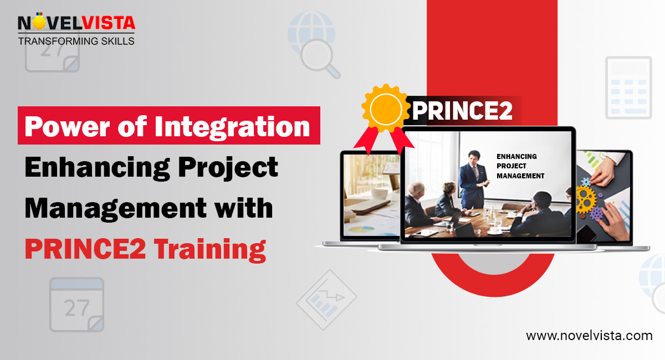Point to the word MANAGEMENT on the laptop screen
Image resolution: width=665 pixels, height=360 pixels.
pos(520,176)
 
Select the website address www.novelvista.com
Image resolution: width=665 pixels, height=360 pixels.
pos(589,336)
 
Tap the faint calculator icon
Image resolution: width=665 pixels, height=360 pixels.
pos(628,88)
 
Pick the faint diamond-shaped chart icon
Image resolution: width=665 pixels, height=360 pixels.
pos(327,300)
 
